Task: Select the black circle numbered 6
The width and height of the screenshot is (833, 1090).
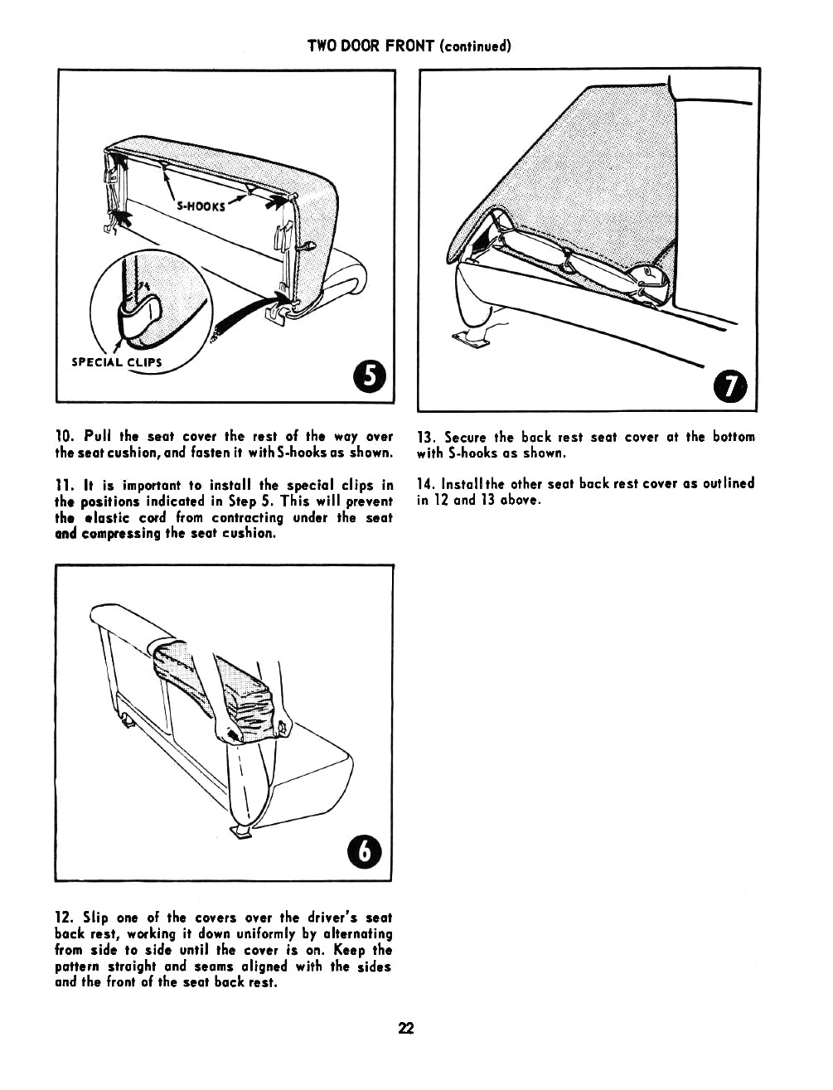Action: click(x=365, y=851)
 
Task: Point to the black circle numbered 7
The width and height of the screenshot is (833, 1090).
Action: click(x=729, y=386)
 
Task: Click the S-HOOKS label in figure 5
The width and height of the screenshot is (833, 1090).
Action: click(x=201, y=206)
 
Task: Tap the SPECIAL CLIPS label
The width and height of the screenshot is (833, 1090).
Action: click(x=117, y=362)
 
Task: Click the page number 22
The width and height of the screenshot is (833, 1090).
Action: click(x=405, y=1028)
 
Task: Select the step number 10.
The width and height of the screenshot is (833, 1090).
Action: click(x=65, y=437)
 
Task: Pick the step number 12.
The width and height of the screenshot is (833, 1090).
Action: click(x=65, y=918)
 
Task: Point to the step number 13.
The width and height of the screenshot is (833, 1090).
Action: click(x=426, y=438)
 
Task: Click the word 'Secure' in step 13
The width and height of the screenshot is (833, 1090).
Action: click(x=465, y=438)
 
